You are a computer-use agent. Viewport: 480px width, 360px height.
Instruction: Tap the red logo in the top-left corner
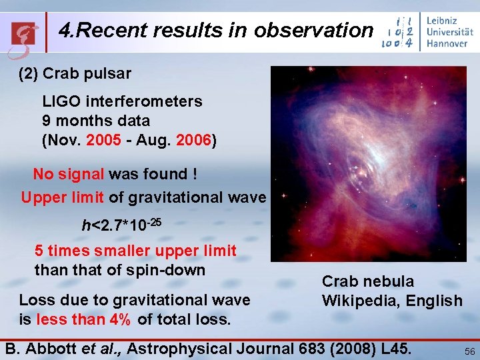pyautogui.click(x=24, y=32)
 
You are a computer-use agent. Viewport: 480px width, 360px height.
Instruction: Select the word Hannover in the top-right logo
pyautogui.click(x=447, y=44)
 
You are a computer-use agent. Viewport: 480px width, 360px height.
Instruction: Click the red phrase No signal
pyautogui.click(x=69, y=174)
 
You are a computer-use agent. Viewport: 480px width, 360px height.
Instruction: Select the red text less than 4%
pyautogui.click(x=83, y=319)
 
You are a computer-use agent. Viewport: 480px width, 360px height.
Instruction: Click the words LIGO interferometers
pyautogui.click(x=122, y=102)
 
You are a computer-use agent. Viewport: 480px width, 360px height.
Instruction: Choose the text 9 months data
pyautogui.click(x=95, y=121)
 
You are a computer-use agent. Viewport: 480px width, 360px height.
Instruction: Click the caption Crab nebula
pyautogui.click(x=367, y=282)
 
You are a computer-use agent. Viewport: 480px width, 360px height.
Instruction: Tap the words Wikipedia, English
pyautogui.click(x=392, y=301)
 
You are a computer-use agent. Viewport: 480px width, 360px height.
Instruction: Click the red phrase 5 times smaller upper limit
pyautogui.click(x=135, y=251)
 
